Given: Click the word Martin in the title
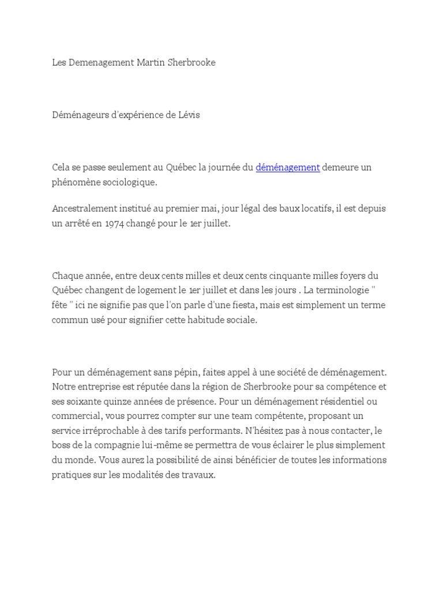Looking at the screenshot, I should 149,62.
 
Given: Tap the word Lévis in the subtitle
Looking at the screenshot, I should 189,115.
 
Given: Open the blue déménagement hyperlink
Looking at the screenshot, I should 287,167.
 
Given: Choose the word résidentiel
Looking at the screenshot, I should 338,401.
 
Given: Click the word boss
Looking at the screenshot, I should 62,445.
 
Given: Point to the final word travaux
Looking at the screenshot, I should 200,475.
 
